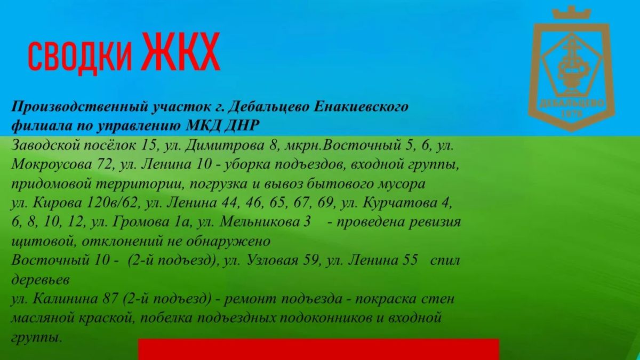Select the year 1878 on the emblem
click(572, 114)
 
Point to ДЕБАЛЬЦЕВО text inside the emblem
click(572, 103)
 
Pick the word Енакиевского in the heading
click(361, 107)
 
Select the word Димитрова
click(225, 146)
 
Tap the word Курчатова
click(400, 203)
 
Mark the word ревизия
click(435, 222)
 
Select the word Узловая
click(273, 261)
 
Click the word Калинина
click(66, 299)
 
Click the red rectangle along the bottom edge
click(318, 349)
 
